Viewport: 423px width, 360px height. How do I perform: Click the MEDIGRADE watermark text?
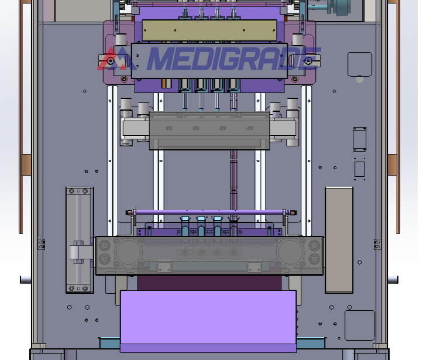[233, 59]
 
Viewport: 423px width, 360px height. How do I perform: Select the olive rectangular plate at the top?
[209, 30]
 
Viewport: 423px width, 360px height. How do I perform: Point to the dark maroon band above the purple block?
[209, 283]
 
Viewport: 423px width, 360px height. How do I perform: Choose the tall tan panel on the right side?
[339, 240]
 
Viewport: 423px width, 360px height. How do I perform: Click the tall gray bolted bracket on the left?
[80, 240]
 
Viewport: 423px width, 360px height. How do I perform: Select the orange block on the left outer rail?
[26, 164]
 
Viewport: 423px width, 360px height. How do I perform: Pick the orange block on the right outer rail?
[393, 164]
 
